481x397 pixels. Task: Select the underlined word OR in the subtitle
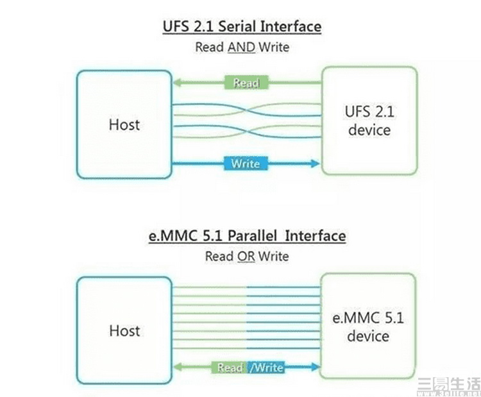pyautogui.click(x=247, y=256)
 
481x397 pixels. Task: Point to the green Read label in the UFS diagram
pyautogui.click(x=246, y=82)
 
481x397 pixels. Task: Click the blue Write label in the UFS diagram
pyautogui.click(x=246, y=163)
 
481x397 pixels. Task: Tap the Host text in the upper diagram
pyautogui.click(x=124, y=124)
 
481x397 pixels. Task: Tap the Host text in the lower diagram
pyautogui.click(x=124, y=330)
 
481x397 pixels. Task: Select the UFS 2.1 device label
pyautogui.click(x=369, y=121)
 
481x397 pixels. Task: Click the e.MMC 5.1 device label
pyautogui.click(x=369, y=326)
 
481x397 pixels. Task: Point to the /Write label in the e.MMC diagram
pyautogui.click(x=266, y=367)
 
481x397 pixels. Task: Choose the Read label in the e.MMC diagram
pyautogui.click(x=229, y=367)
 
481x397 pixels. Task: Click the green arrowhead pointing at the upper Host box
pyautogui.click(x=178, y=82)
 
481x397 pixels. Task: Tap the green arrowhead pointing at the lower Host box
pyautogui.click(x=178, y=367)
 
